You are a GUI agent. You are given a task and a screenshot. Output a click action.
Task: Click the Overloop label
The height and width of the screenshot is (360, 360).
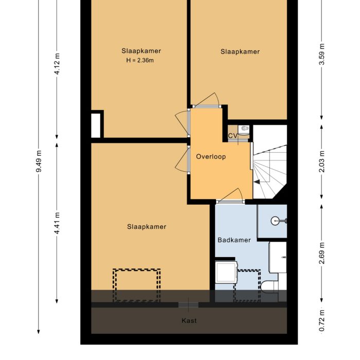coord(211,157)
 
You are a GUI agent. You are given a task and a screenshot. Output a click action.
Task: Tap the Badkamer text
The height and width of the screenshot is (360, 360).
coord(234,240)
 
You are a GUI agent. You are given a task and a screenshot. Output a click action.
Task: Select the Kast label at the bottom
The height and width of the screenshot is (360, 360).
coord(189,321)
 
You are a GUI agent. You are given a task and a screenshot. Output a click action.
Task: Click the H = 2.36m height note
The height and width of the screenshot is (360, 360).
coord(141,60)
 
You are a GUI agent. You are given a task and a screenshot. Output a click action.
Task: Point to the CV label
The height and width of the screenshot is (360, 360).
coord(233,136)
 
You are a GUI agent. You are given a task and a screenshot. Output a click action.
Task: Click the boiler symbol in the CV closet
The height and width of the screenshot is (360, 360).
coord(245,129)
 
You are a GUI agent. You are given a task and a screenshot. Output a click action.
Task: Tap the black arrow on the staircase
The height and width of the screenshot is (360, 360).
coord(257,182)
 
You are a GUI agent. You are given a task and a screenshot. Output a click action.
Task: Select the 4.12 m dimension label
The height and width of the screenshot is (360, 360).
coord(57,64)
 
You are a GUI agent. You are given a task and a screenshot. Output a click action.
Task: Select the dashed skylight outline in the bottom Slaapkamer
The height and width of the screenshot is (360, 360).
coord(137,285)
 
